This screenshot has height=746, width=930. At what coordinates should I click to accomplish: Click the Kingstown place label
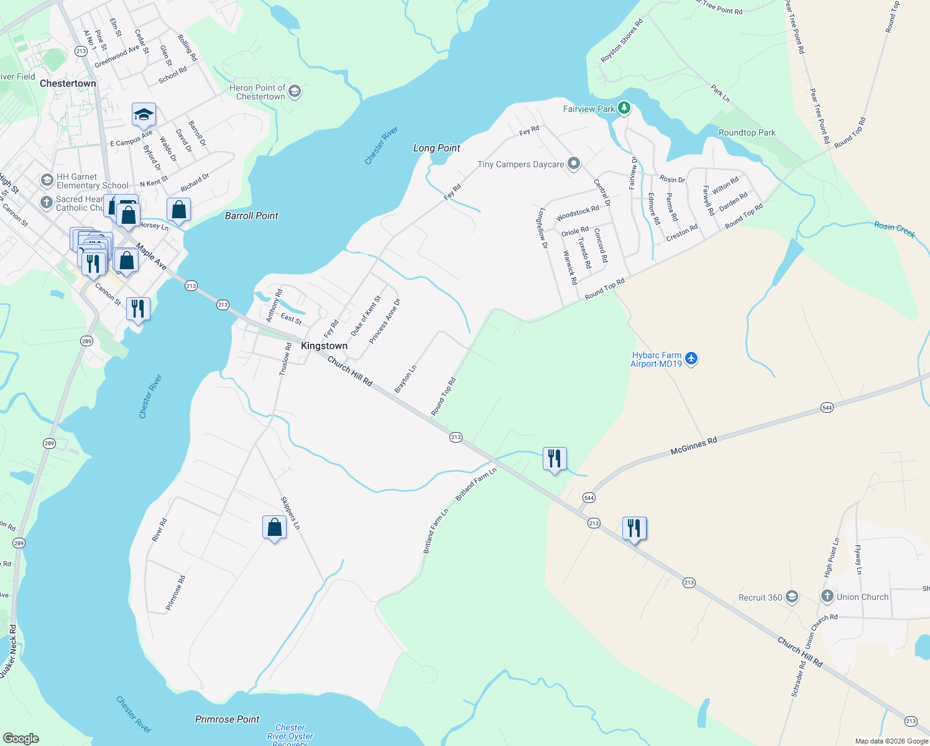click(324, 346)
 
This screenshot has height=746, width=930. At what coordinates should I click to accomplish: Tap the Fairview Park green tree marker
click(624, 108)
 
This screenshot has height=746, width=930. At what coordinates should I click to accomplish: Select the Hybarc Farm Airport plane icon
click(691, 359)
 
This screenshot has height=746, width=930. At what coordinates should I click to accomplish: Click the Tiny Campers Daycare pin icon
click(574, 164)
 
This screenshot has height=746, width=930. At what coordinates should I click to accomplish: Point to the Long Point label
click(436, 148)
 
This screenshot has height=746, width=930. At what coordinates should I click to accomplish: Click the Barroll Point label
click(251, 216)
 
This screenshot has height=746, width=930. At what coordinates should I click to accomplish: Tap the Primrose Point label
click(227, 719)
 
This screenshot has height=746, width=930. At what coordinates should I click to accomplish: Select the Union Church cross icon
click(827, 596)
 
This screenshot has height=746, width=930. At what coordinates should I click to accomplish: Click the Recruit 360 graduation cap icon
click(791, 597)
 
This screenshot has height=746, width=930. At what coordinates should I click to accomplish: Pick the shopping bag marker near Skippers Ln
click(274, 528)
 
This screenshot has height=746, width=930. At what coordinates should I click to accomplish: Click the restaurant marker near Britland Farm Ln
click(554, 459)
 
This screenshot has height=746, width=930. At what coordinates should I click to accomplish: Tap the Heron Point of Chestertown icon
click(295, 91)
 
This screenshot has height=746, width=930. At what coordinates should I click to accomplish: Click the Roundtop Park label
click(747, 132)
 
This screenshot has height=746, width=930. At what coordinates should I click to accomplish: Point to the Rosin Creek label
click(894, 229)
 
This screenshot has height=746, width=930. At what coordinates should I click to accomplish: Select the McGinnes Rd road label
click(694, 446)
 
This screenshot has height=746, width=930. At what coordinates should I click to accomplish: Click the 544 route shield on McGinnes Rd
click(827, 407)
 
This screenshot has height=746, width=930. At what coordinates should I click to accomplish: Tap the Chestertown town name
click(68, 83)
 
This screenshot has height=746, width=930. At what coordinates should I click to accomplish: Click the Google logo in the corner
click(21, 738)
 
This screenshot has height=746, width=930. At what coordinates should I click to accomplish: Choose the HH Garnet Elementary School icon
click(47, 180)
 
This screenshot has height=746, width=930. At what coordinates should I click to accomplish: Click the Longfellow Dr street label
click(542, 229)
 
